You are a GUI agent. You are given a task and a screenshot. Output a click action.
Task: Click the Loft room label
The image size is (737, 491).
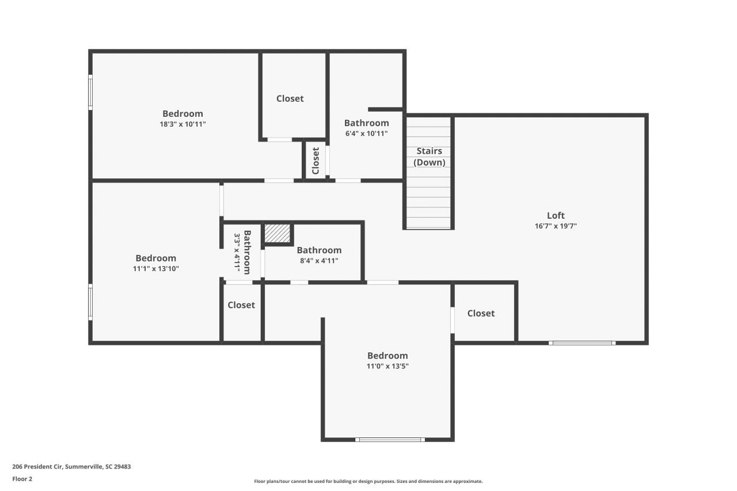[556, 216]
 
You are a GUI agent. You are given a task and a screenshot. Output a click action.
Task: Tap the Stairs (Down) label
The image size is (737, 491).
[430, 157]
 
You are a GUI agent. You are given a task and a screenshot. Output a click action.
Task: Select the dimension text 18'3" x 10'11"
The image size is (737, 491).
[183, 124]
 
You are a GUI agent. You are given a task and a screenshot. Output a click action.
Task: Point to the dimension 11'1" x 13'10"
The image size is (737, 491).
[155, 268]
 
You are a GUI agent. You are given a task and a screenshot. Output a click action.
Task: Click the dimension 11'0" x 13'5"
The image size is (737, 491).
[388, 366]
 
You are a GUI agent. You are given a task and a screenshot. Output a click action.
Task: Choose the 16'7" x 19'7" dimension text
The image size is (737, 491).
[556, 226]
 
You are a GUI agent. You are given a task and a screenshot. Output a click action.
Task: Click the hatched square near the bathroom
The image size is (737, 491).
[278, 233]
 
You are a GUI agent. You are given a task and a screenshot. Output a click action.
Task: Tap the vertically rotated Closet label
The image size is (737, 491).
[316, 161]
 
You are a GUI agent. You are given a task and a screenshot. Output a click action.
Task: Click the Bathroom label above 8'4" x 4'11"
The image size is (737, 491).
[319, 250]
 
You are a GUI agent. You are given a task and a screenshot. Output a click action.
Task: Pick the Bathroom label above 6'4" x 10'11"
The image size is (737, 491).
[366, 123]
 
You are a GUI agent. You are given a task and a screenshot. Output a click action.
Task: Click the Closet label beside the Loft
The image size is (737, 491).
[481, 313]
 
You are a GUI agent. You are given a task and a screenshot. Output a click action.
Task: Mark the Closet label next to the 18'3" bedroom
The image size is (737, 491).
[290, 98]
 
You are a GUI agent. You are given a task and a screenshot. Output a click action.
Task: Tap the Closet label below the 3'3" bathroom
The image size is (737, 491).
[241, 305]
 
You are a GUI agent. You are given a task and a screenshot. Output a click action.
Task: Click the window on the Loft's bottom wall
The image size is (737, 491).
[582, 343]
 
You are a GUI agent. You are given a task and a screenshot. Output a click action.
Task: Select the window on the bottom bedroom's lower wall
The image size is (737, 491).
[390, 440]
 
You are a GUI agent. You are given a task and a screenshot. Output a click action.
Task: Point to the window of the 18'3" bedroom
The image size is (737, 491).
[90, 92]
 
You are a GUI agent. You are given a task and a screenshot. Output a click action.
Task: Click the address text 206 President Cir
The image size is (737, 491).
[71, 467]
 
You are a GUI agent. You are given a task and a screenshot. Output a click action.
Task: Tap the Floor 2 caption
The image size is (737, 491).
[22, 478]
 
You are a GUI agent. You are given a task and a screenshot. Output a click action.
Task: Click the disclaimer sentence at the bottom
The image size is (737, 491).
[368, 481]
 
